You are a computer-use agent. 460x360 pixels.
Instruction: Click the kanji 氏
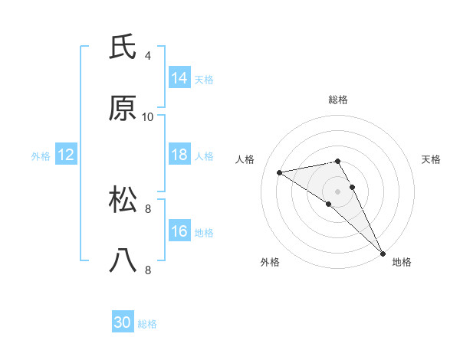tap(123, 47)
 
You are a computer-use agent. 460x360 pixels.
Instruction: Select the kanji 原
tap(123, 109)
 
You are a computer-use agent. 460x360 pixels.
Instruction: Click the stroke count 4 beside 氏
tap(147, 56)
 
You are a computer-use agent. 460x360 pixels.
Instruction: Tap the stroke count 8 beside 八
tap(147, 270)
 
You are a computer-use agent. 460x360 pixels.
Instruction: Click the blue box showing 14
tap(179, 78)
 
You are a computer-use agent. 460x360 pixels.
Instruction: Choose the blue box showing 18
tap(179, 155)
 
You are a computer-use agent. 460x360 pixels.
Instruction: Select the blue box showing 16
tap(179, 231)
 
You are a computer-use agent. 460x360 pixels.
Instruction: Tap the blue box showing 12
tap(66, 155)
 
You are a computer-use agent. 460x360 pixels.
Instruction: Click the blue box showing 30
tap(123, 323)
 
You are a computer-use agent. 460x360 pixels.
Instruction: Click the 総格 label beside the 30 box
tap(147, 324)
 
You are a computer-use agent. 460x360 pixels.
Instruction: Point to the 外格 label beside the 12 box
tap(41, 155)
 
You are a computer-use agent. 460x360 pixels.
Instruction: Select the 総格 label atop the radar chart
tap(338, 100)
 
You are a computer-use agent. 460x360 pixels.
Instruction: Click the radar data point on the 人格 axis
tap(280, 172)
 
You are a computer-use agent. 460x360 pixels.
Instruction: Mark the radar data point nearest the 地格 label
tap(382, 252)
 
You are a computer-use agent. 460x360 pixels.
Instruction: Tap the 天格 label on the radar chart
tap(431, 159)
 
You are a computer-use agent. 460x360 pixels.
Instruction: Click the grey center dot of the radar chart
tap(338, 191)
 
